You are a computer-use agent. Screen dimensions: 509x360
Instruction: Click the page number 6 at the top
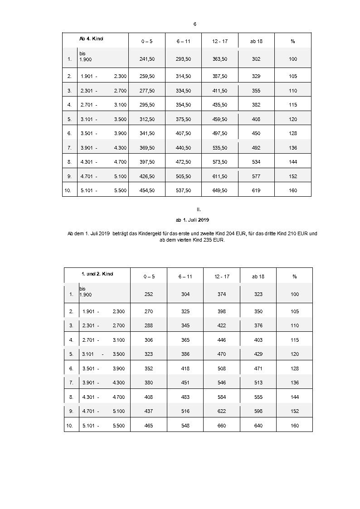[195, 24]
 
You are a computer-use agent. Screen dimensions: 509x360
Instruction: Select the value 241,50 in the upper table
[147, 59]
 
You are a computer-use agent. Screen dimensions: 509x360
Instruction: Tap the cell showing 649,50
[220, 190]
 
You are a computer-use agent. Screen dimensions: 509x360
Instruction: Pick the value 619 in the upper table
[256, 190]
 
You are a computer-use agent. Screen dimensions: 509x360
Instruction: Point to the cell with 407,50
[183, 133]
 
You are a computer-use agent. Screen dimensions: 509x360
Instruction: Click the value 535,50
[220, 148]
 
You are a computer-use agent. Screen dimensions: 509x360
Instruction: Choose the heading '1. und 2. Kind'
[97, 274]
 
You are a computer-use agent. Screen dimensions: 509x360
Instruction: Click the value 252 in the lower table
[148, 294]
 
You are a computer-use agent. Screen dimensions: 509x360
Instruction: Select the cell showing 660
[222, 426]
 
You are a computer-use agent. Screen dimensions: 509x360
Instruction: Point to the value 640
[258, 426]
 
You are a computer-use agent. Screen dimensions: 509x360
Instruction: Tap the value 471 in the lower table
[258, 368]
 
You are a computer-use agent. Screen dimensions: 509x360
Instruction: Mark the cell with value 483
[185, 397]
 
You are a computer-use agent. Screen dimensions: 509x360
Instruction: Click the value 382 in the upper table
[256, 105]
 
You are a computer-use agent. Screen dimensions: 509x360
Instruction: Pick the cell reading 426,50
[147, 176]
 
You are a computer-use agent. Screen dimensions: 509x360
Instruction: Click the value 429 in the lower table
[258, 354]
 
